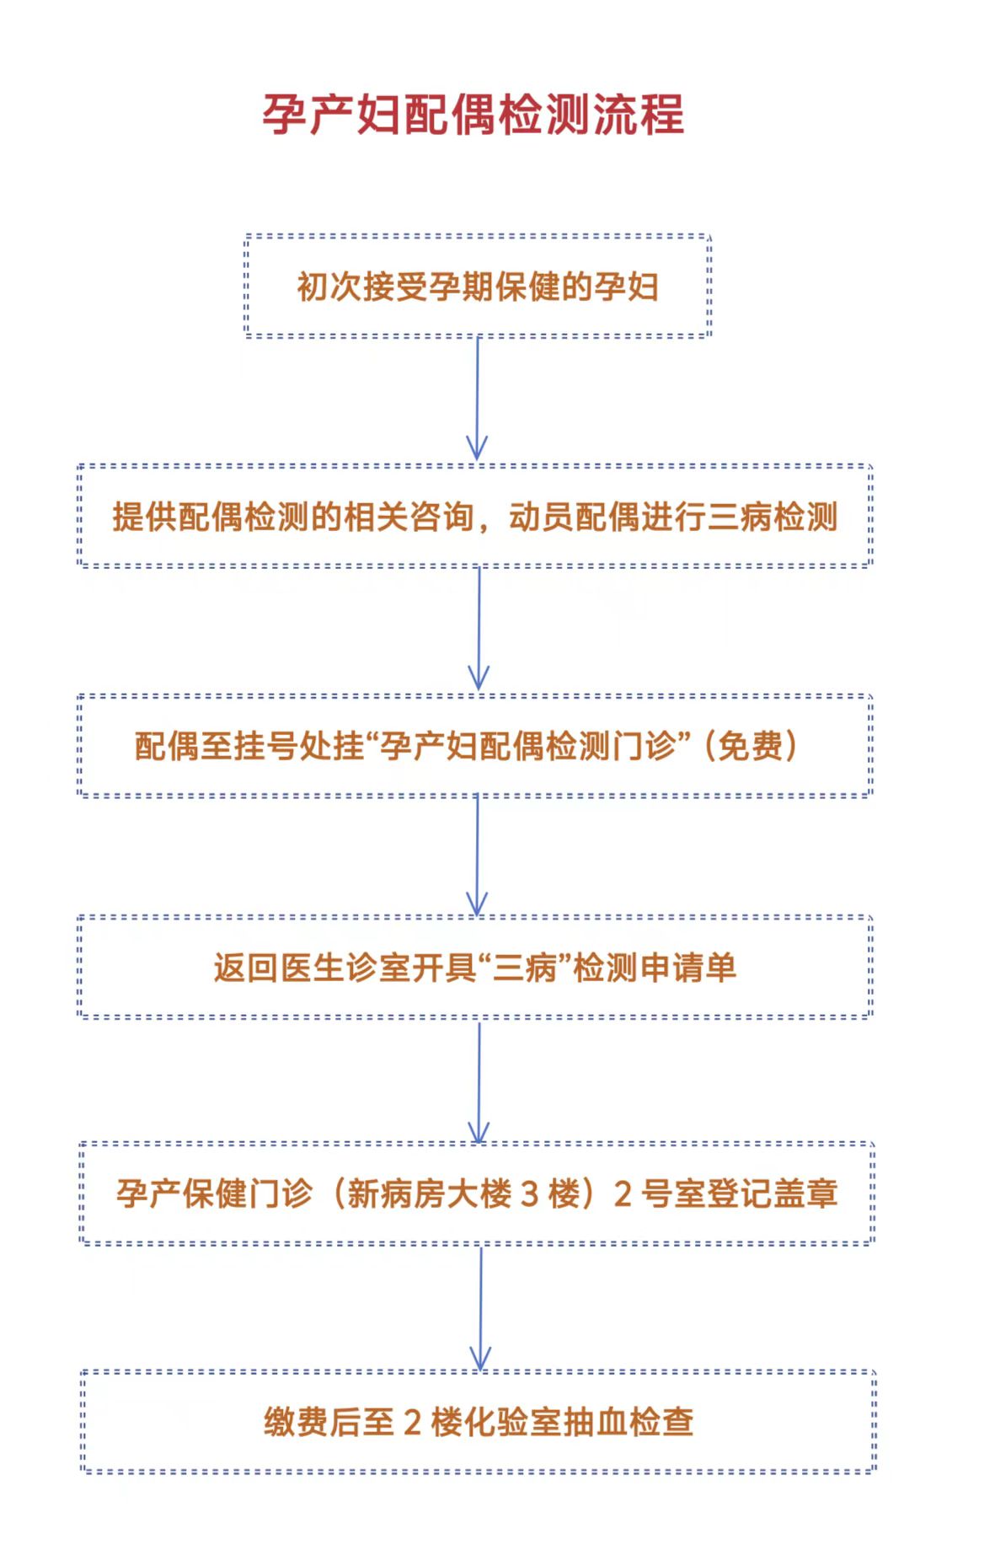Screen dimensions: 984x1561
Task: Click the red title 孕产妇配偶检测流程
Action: pyautogui.click(x=473, y=115)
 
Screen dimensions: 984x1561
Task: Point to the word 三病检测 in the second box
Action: pyautogui.click(x=773, y=517)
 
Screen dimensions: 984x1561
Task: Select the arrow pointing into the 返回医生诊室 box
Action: pyautogui.click(x=478, y=856)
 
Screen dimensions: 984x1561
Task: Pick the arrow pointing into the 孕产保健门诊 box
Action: pyautogui.click(x=479, y=1081)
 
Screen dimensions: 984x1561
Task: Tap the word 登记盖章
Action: pyautogui.click(x=773, y=1194)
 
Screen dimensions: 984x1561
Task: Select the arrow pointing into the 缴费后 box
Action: pyautogui.click(x=480, y=1309)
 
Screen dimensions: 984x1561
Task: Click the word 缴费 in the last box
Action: pyautogui.click(x=297, y=1422)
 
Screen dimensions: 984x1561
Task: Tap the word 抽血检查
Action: pyautogui.click(x=628, y=1422)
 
